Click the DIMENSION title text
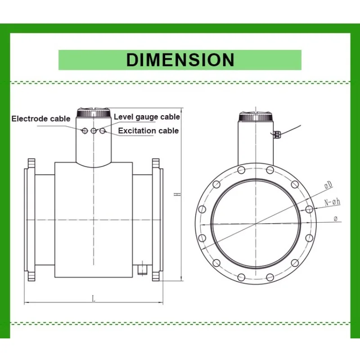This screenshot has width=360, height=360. coord(180,60)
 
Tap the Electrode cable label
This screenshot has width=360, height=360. coord(41,119)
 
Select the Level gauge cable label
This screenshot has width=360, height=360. coord(147,117)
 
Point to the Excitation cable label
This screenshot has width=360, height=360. coord(148,130)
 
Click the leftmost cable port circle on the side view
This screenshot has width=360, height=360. coord(85,131)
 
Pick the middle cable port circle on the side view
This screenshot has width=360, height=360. coord(94,131)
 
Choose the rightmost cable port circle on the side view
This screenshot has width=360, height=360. coord(103,131)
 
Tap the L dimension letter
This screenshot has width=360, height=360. coord(94,299)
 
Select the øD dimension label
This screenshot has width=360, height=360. coord(328,185)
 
